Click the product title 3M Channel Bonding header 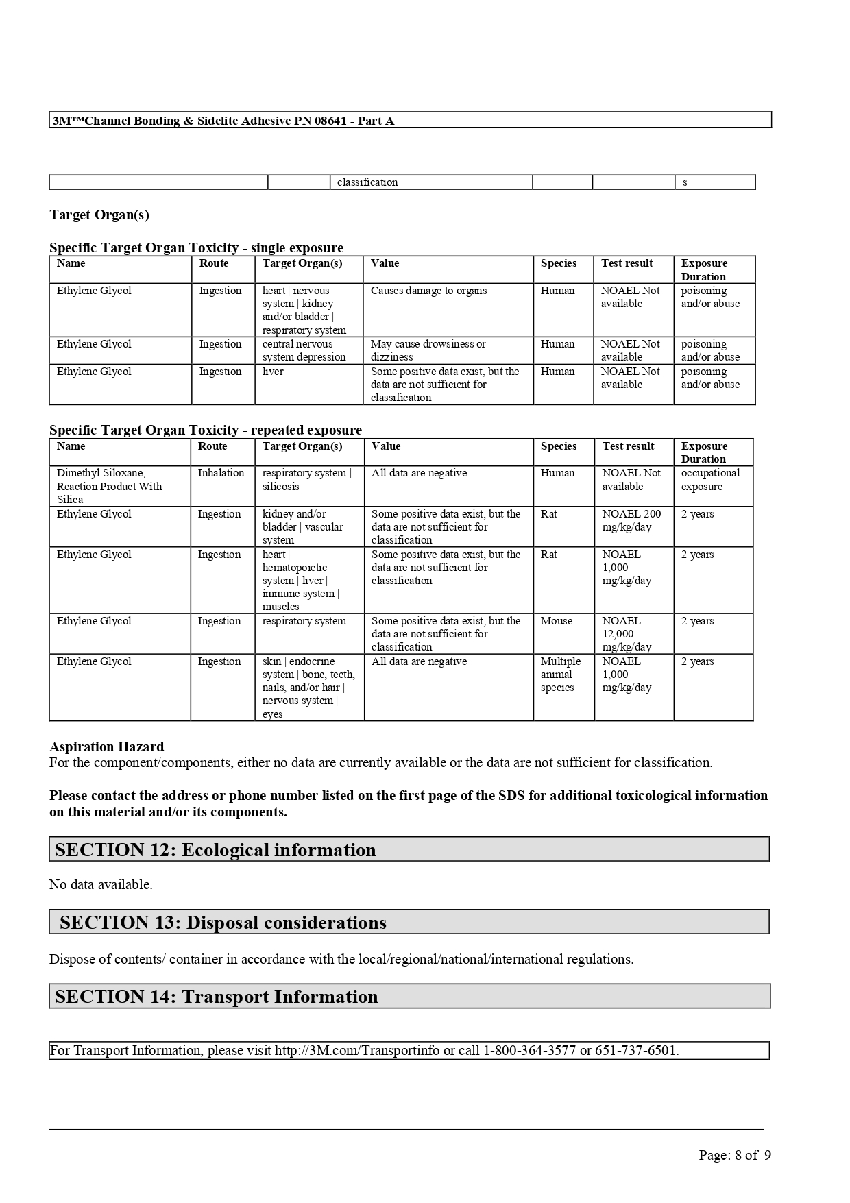[x=223, y=121]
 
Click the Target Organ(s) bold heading [x=99, y=215]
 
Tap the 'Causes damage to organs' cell [x=428, y=291]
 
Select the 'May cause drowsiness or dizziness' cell [x=428, y=350]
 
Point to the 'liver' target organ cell [x=273, y=372]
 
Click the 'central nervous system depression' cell [x=304, y=350]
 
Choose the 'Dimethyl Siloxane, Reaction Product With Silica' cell [x=110, y=486]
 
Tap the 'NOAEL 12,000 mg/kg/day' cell [x=627, y=634]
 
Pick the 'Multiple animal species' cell [x=560, y=675]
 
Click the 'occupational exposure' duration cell [x=710, y=480]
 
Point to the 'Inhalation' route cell [x=221, y=473]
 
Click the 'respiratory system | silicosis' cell [x=306, y=480]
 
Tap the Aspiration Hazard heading [x=106, y=746]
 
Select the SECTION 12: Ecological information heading [x=215, y=850]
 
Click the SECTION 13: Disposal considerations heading [x=223, y=923]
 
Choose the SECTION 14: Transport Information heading [x=216, y=997]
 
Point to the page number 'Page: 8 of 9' [x=734, y=1156]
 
